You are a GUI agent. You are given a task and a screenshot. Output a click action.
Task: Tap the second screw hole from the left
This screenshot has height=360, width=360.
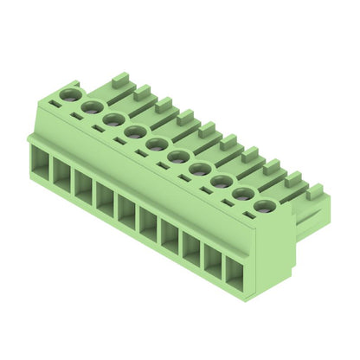(x=92, y=106)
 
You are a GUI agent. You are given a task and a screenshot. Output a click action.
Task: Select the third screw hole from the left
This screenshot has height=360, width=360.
(x=113, y=119)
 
